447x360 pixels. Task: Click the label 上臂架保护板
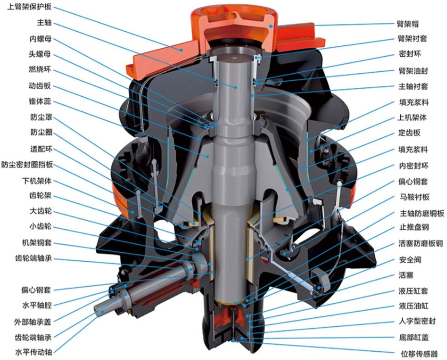pyautogui.click(x=29, y=7)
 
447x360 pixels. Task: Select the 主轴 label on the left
pyautogui.click(x=44, y=22)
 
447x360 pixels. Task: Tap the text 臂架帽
pyautogui.click(x=407, y=24)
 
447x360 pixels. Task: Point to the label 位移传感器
pyautogui.click(x=419, y=354)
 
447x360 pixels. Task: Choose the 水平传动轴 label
pyautogui.click(x=33, y=352)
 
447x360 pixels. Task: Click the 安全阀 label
pyautogui.click(x=410, y=260)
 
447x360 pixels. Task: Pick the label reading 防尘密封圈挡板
pyautogui.click(x=27, y=164)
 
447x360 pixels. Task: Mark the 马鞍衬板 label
pyautogui.click(x=414, y=197)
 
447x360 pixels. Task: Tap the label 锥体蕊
pyautogui.click(x=40, y=101)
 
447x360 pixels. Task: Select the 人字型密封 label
pyautogui.click(x=417, y=321)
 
